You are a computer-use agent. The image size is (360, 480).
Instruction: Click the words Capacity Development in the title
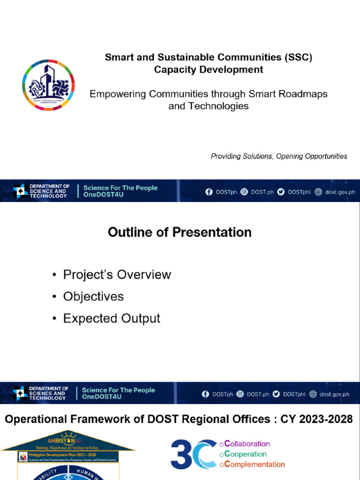[209, 70]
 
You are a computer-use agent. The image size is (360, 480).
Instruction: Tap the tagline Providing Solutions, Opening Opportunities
[279, 156]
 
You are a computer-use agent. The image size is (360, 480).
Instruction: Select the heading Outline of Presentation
[180, 232]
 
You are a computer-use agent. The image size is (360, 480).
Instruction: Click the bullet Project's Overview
[117, 275]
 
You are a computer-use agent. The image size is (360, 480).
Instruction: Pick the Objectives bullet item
[93, 296]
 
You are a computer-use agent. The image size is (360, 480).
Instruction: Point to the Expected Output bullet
[112, 318]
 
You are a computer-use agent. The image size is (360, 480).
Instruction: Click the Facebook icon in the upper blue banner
[209, 192]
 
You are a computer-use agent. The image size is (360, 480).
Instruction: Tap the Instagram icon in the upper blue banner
[244, 192]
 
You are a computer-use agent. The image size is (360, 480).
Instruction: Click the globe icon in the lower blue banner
[313, 394]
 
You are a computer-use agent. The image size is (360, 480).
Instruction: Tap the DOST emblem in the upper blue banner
[21, 191]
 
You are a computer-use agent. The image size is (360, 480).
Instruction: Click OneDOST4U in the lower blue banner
[102, 397]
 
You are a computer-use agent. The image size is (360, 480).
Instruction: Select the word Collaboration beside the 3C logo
[247, 444]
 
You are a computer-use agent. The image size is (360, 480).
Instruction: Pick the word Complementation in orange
[255, 465]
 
